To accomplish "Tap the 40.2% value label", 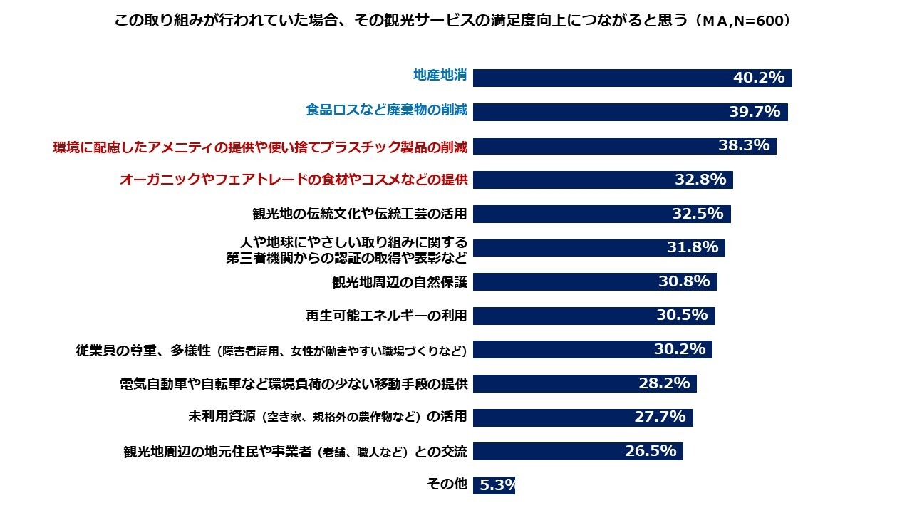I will [759, 78].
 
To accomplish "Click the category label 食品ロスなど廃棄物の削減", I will [386, 110].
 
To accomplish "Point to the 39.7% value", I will [755, 112].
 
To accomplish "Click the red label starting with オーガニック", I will [294, 180].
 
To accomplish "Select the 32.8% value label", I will [700, 180].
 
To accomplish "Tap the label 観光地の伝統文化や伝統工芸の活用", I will [360, 214].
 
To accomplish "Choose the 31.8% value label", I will [693, 247].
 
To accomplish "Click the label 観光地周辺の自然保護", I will [400, 281].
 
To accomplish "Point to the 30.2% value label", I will [680, 349].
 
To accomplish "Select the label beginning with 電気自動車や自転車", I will [294, 383].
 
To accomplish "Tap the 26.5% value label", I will [651, 451].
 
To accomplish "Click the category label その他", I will [447, 484].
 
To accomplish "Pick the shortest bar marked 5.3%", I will [494, 485].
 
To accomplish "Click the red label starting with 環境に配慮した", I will [260, 147].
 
